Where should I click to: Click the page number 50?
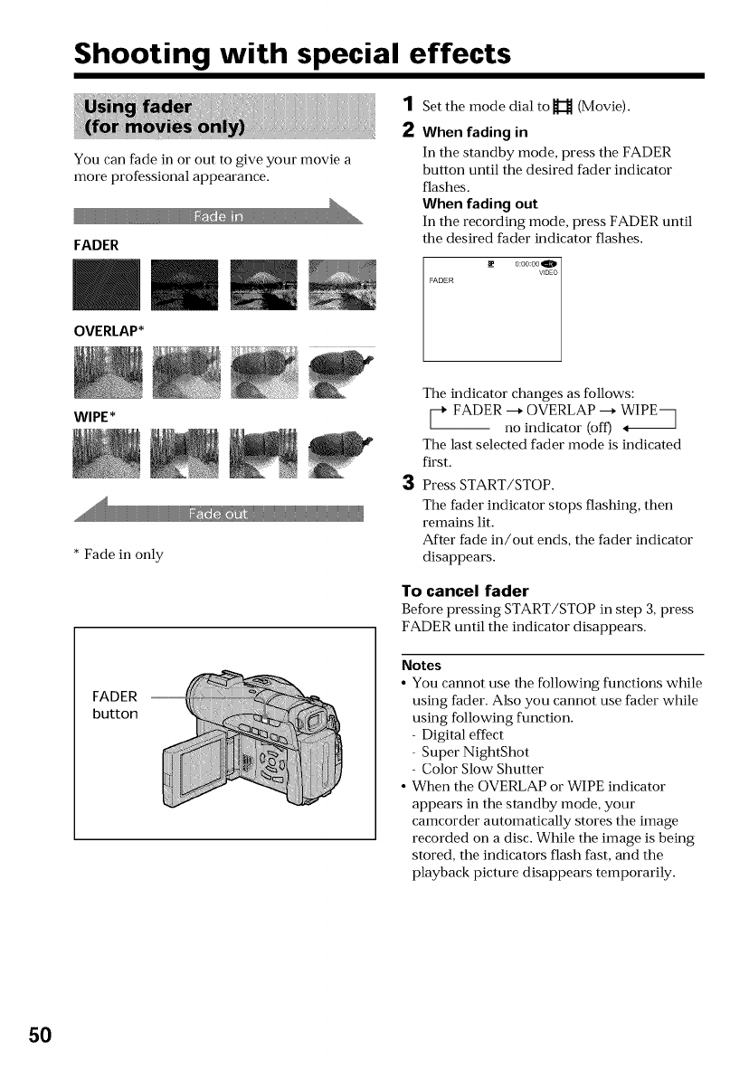click(40, 1034)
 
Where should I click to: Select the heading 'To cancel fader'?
click(464, 591)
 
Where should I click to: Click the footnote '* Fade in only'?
click(119, 554)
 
